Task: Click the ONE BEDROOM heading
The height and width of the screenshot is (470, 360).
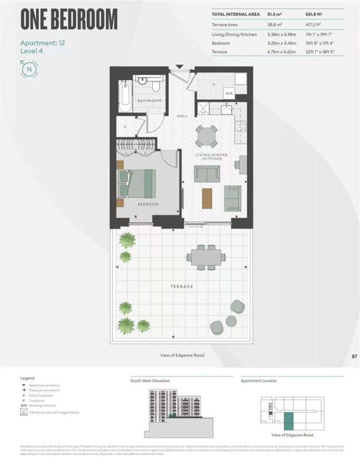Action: (69, 20)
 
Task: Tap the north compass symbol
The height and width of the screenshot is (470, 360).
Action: (29, 68)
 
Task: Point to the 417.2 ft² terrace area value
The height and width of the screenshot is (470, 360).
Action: (315, 25)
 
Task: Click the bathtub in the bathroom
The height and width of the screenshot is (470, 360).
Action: (125, 96)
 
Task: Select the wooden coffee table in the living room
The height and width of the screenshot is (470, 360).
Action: (207, 198)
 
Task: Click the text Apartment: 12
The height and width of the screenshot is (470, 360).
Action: (43, 43)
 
